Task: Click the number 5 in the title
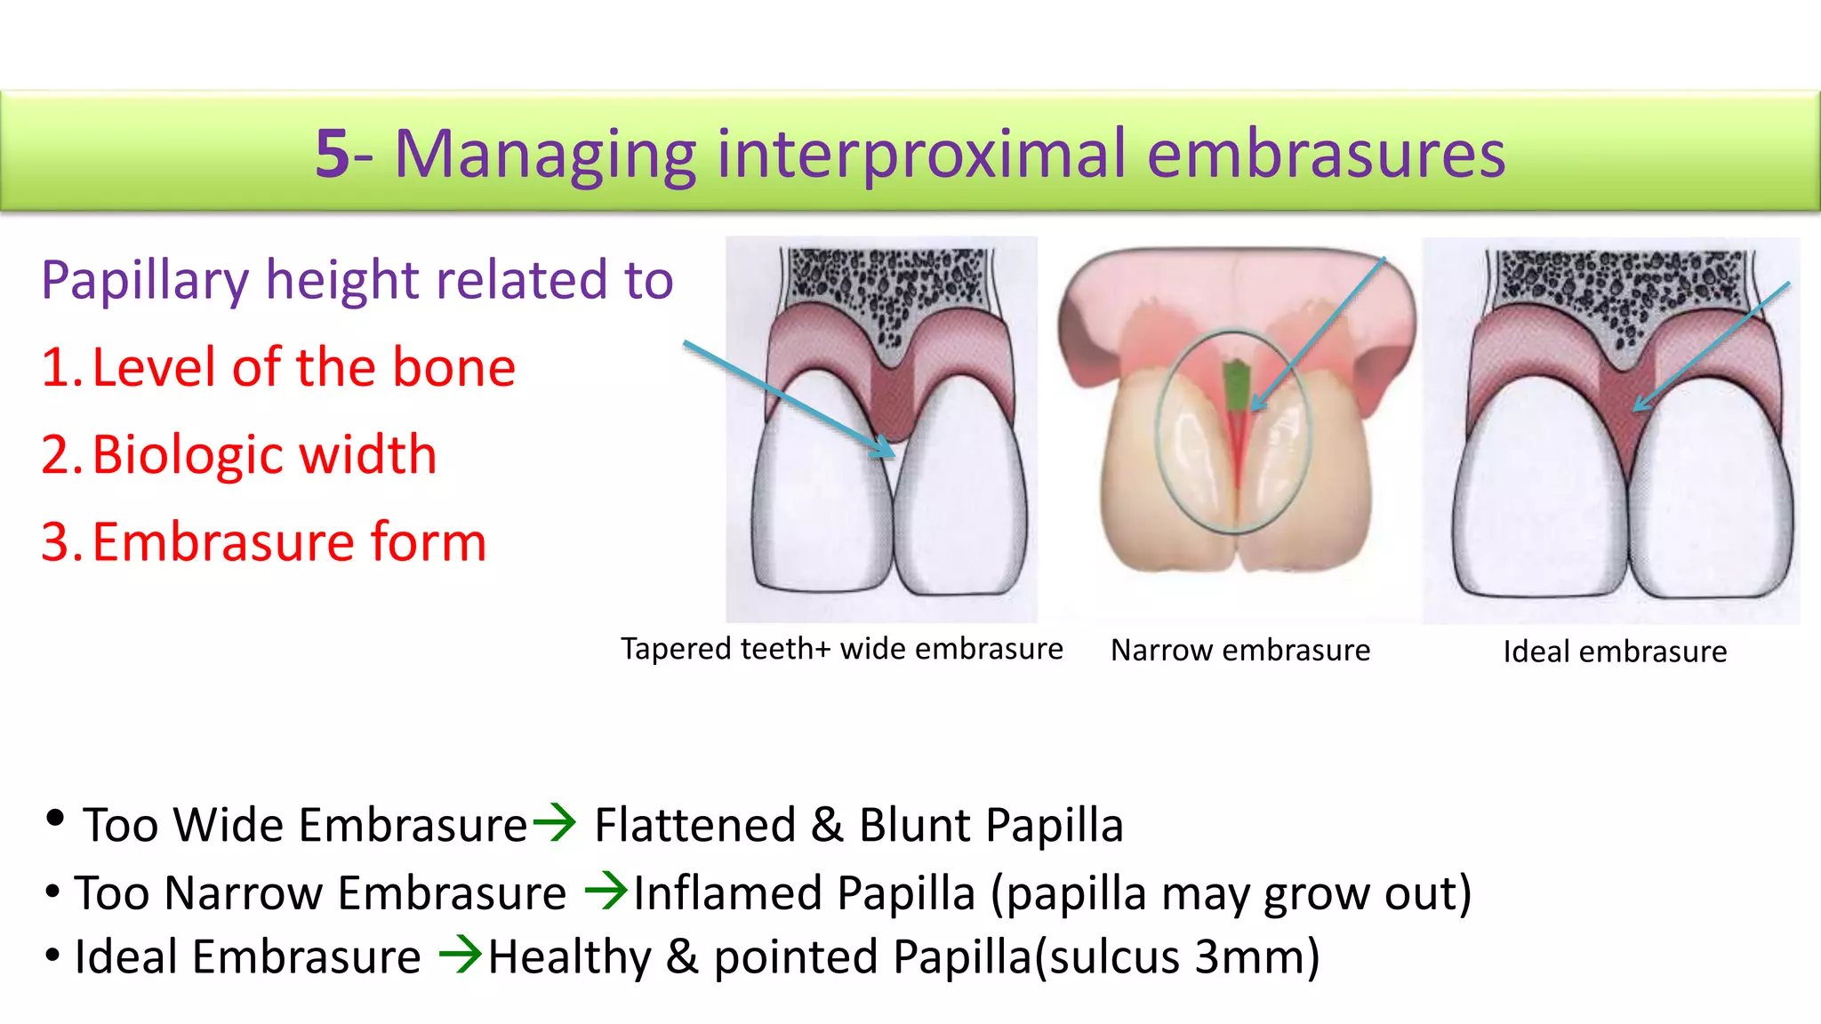333,154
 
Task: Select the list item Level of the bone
278,367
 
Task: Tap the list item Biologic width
240,454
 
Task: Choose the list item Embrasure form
264,541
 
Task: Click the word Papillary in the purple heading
145,280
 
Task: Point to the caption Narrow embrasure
1240,651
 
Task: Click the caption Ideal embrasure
1615,652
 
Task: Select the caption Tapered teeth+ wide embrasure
841,649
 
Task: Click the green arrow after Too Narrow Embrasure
607,891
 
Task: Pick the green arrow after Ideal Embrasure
461,956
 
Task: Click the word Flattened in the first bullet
694,825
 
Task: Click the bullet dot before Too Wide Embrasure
55,819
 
